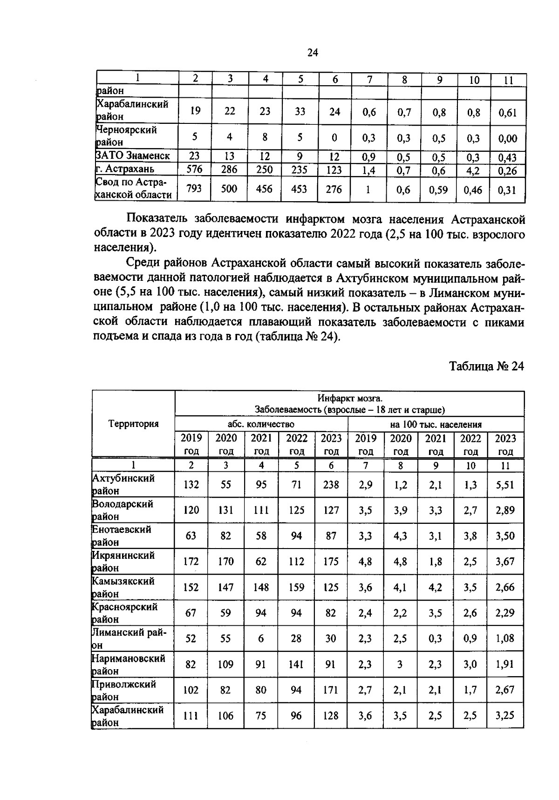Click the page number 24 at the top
click(x=313, y=53)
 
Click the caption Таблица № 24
click(x=486, y=366)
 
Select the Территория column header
click(x=133, y=424)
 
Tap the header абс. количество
click(x=261, y=424)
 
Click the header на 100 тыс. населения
click(x=436, y=424)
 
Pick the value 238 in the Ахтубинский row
click(x=331, y=484)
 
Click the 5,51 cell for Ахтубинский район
click(x=505, y=484)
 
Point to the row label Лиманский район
click(x=129, y=638)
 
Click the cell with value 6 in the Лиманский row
click(x=261, y=638)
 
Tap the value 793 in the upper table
click(x=195, y=189)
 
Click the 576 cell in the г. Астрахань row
click(x=195, y=169)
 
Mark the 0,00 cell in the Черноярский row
click(x=508, y=138)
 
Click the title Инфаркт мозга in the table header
click(x=349, y=399)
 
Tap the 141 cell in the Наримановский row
click(x=296, y=664)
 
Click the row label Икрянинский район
click(x=123, y=561)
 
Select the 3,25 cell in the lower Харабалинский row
click(x=505, y=716)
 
